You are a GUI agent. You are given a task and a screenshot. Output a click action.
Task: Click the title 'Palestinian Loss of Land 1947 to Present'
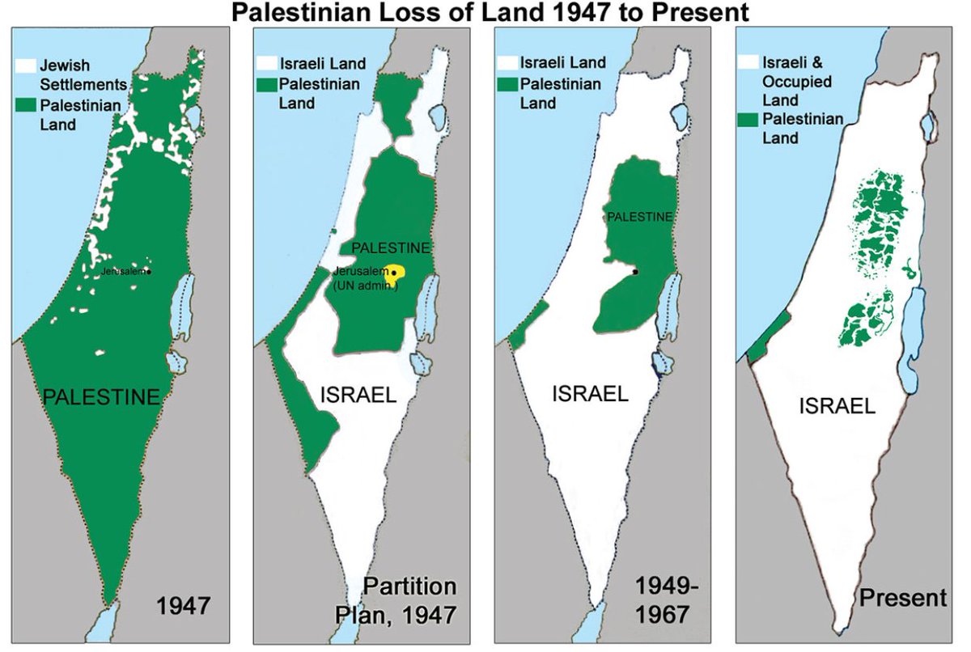[x=485, y=12]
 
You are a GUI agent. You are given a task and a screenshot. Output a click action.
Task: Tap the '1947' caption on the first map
[x=184, y=605]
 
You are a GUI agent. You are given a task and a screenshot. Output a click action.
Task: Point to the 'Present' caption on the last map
[x=903, y=599]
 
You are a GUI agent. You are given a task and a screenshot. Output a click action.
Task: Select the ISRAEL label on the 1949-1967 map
[x=590, y=394]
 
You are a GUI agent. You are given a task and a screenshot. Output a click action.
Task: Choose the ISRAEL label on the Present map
[x=837, y=405]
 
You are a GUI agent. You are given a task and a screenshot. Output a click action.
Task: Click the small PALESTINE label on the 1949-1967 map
[x=639, y=217]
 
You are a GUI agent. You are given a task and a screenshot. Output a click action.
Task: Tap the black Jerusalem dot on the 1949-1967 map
[x=635, y=272]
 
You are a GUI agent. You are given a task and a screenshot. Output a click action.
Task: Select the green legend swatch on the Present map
[x=750, y=120]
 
